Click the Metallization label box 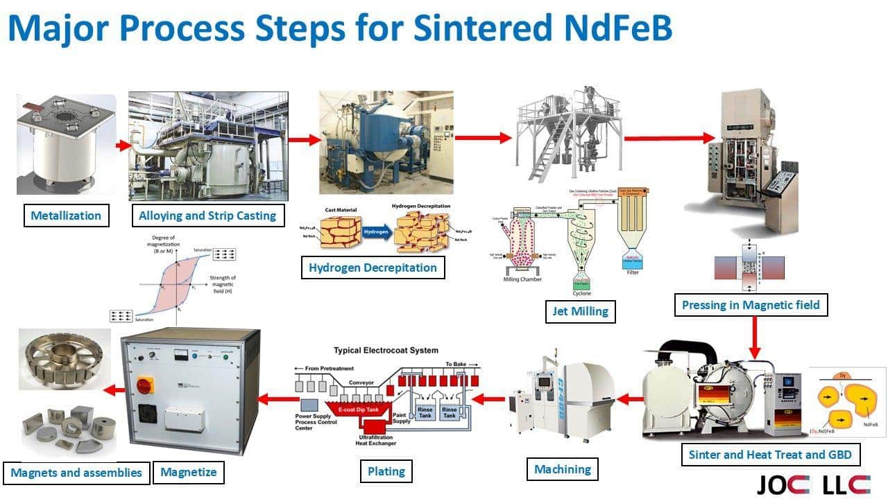click(66, 216)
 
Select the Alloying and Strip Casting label click(207, 216)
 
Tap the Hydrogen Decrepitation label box click(373, 268)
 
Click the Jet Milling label click(580, 312)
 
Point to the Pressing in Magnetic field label click(751, 305)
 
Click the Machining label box click(562, 469)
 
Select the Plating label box click(386, 471)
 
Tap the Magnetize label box click(188, 473)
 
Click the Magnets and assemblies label click(76, 473)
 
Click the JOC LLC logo click(812, 484)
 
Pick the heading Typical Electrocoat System click(386, 351)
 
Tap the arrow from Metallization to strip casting click(123, 146)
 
